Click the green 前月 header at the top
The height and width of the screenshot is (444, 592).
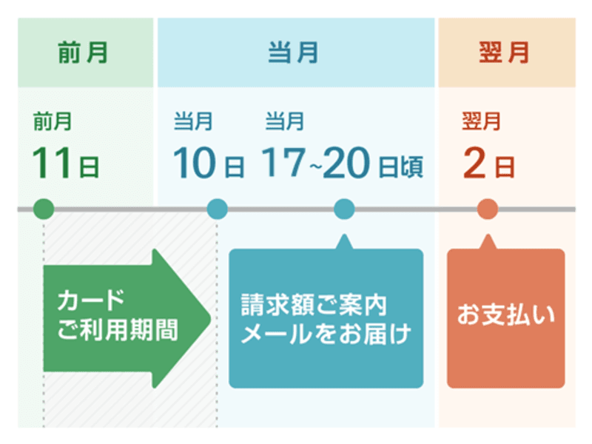(x=84, y=53)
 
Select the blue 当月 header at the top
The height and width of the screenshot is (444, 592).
(x=293, y=53)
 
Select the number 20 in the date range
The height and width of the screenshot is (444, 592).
(x=346, y=164)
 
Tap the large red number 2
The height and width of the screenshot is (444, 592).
(x=474, y=164)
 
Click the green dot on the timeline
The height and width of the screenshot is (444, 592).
(x=44, y=209)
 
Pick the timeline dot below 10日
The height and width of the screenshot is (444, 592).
(x=217, y=209)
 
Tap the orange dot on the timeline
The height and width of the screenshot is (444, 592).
(x=486, y=209)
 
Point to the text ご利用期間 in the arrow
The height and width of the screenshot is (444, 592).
(x=118, y=329)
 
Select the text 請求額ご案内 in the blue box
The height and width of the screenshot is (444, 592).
(x=314, y=304)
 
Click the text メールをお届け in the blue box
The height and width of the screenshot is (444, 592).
(x=326, y=333)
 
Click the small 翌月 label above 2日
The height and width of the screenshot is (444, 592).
(x=481, y=121)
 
